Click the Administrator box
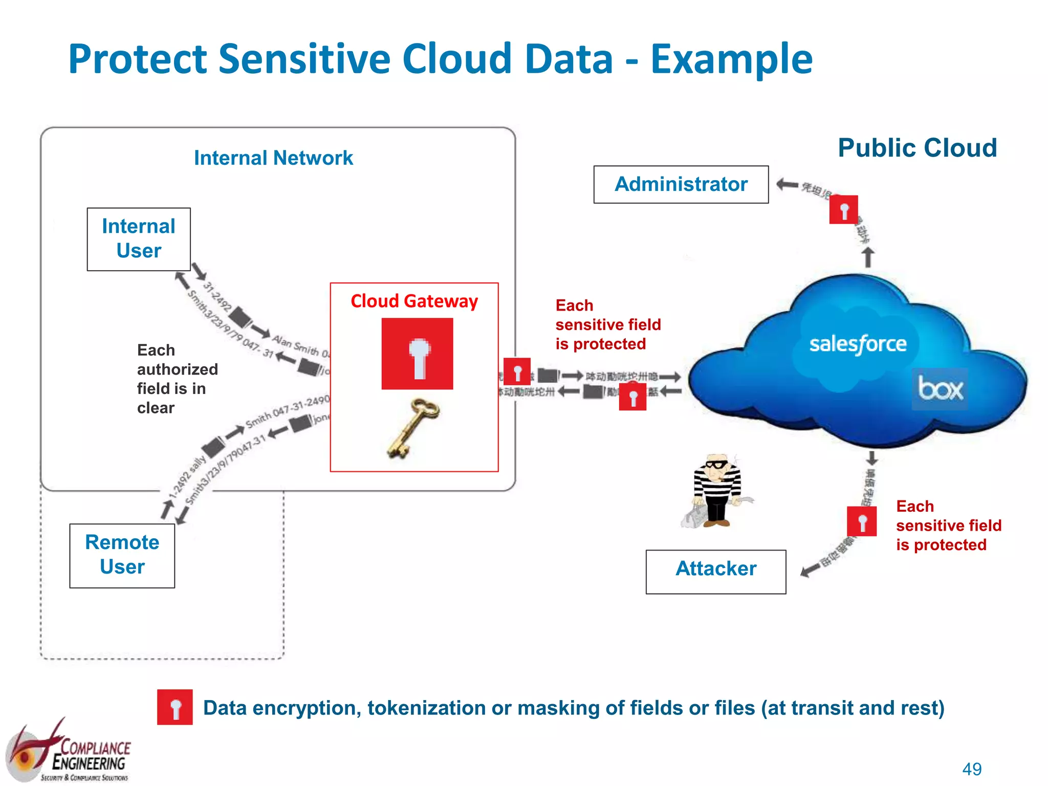pyautogui.click(x=681, y=184)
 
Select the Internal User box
pyautogui.click(x=139, y=239)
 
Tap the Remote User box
pyautogui.click(x=122, y=555)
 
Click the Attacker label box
pyautogui.click(x=715, y=571)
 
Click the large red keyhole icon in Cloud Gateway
pyautogui.click(x=417, y=354)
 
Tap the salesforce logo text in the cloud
pyautogui.click(x=858, y=344)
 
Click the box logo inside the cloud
pyautogui.click(x=940, y=389)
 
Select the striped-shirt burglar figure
pyautogui.click(x=716, y=491)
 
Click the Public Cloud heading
pyautogui.click(x=917, y=148)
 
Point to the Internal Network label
pyautogui.click(x=273, y=158)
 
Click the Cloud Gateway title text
pyautogui.click(x=414, y=301)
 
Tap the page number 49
pyautogui.click(x=972, y=769)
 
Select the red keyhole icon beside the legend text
pyautogui.click(x=175, y=707)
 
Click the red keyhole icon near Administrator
pyautogui.click(x=843, y=209)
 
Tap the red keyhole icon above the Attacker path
pyautogui.click(x=862, y=521)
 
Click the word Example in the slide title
pyautogui.click(x=731, y=59)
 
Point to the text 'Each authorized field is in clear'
pyautogui.click(x=177, y=379)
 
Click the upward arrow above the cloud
pyautogui.click(x=868, y=257)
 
